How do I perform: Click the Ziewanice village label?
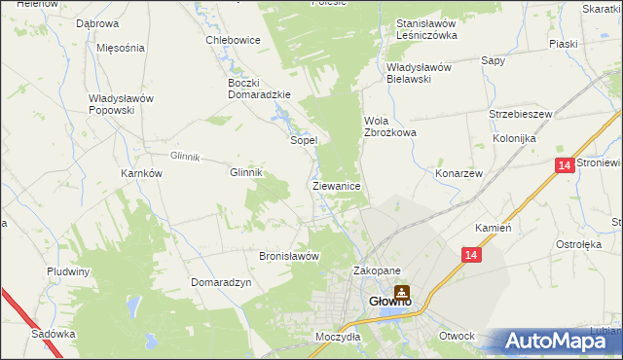[337, 185]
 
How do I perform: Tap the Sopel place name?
[304, 140]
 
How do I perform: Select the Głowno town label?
[392, 303]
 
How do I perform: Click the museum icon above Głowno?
[401, 290]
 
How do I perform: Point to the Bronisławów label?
[289, 256]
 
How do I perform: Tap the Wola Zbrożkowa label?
[389, 126]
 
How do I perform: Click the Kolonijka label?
[515, 139]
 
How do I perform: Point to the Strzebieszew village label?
[520, 114]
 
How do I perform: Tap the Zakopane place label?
[377, 271]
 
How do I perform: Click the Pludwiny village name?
[68, 271]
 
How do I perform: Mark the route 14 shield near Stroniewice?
[565, 166]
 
